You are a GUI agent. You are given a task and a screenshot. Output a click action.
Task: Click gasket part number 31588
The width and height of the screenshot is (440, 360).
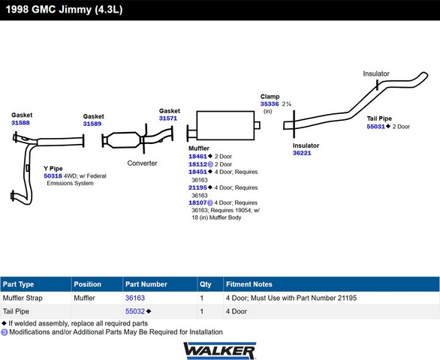tap(20, 123)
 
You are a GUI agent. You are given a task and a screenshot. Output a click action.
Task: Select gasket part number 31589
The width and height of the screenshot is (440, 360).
tap(92, 124)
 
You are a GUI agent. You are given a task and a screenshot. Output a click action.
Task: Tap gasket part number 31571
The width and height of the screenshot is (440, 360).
tap(168, 118)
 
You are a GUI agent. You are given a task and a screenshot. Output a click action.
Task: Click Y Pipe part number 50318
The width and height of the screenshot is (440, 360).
tap(53, 176)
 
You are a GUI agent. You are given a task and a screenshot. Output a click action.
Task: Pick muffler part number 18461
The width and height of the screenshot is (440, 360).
tap(197, 157)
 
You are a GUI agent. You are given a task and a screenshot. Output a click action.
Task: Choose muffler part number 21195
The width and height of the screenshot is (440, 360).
tap(197, 187)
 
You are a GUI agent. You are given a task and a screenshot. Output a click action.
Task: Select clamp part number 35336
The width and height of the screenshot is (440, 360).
tap(270, 104)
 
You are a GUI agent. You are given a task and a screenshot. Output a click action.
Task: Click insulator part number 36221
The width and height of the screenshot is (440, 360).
tap(302, 153)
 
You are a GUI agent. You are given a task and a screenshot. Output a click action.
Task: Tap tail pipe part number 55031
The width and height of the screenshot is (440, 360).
tap(375, 127)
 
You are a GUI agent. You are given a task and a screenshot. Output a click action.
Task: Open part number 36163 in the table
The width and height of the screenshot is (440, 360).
tap(135, 298)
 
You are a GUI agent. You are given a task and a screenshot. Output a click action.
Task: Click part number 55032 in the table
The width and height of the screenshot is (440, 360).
tap(135, 311)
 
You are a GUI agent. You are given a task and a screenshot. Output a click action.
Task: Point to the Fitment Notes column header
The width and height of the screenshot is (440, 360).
tap(249, 284)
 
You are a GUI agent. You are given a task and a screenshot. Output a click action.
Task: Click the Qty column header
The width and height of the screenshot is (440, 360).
tap(206, 284)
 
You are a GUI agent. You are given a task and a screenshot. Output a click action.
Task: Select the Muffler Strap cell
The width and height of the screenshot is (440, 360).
tap(23, 298)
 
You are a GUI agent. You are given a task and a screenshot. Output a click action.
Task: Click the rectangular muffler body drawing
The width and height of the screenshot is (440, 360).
tap(225, 125)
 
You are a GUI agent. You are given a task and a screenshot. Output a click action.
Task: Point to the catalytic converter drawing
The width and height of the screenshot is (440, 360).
tap(123, 140)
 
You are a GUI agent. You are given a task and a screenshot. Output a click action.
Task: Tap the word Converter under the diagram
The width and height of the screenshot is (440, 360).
tap(142, 163)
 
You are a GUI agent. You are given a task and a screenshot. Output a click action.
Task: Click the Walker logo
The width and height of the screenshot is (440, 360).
tap(220, 350)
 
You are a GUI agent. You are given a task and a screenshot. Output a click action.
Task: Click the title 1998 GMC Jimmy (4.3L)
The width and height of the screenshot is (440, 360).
tap(64, 10)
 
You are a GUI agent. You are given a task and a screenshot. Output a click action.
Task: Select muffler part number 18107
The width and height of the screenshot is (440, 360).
tap(197, 202)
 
